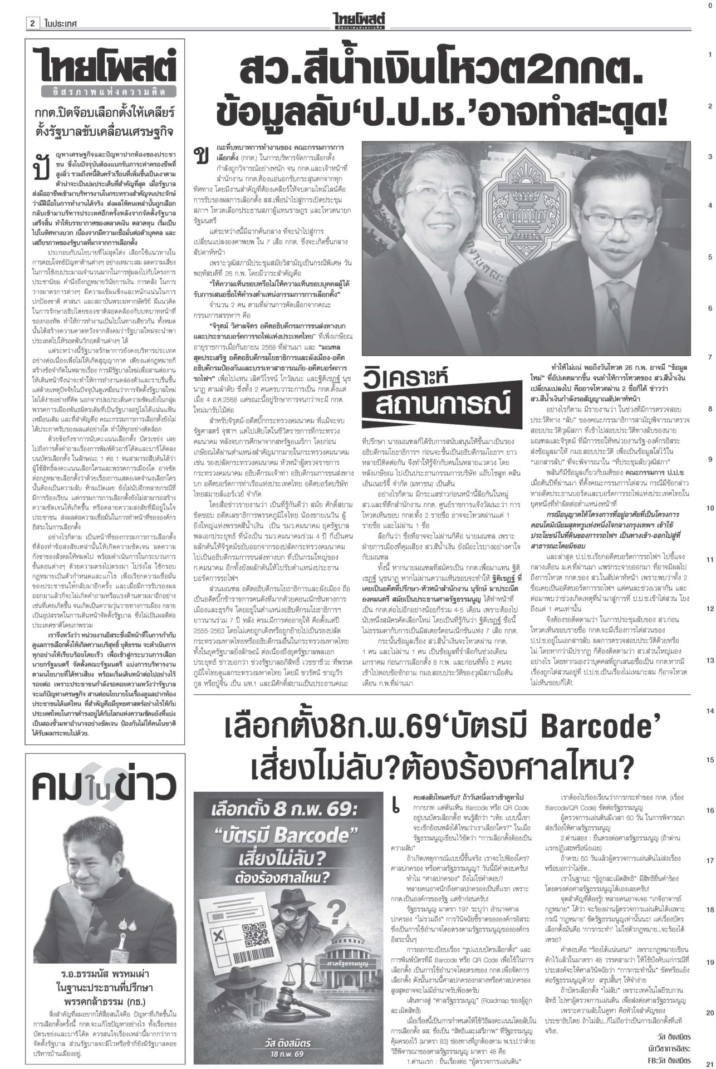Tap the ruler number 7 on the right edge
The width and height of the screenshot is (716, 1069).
[709, 357]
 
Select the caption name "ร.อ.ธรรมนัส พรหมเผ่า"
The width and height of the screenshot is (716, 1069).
[105, 973]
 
